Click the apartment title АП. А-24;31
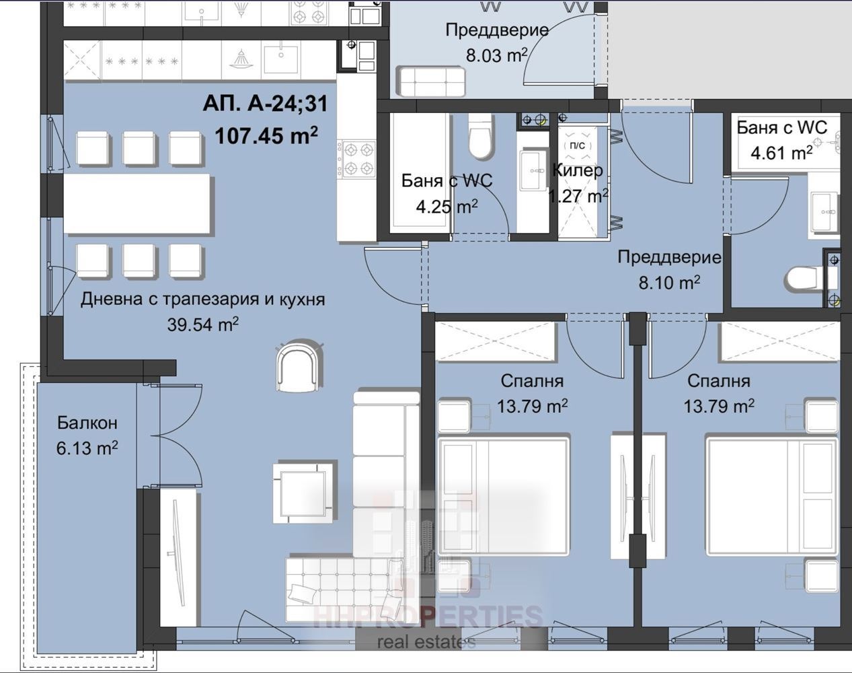[x=265, y=104]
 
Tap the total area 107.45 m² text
[x=266, y=135]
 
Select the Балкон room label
[x=87, y=423]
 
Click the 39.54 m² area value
[x=202, y=324]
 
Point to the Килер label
[x=577, y=171]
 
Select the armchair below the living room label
[x=300, y=367]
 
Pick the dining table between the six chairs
[x=137, y=205]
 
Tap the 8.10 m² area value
[x=669, y=283]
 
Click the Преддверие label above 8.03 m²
[x=497, y=30]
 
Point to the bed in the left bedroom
[x=504, y=495]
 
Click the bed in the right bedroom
[x=772, y=495]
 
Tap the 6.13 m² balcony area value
[x=87, y=448]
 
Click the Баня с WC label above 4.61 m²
[x=782, y=128]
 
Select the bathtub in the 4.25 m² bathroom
[x=420, y=173]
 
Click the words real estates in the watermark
[x=426, y=642]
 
